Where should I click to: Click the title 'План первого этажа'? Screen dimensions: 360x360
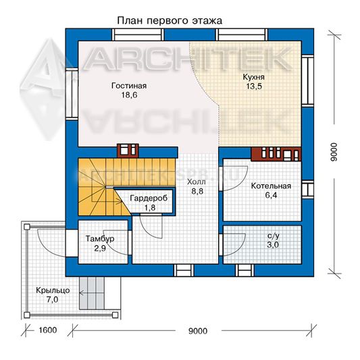coord(170,21)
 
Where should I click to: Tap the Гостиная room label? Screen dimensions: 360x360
coord(129,86)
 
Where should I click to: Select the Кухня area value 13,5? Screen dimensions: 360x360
coord(254,86)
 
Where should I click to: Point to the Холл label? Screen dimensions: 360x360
coord(197,182)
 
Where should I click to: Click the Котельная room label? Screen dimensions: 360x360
coord(271,186)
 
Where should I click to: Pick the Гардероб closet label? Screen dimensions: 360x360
coord(149,198)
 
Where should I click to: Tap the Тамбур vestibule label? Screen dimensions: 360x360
coord(100,239)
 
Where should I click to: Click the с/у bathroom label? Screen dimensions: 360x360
coord(274,236)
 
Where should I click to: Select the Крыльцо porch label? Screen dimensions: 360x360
coord(53,290)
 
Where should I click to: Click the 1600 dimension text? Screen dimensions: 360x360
coord(47,330)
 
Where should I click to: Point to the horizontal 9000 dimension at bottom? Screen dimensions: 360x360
coord(198,331)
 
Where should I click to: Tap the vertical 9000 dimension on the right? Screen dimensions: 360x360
coord(334,152)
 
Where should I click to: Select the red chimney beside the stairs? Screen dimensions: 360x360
coord(128,151)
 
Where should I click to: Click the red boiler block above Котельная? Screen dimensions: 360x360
coord(276,154)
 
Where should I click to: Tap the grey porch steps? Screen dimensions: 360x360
coord(92,292)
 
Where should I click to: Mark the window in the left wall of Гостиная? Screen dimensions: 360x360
coord(72,93)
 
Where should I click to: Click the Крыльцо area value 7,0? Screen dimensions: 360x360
coord(53,300)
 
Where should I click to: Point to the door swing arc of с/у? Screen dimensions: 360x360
coord(235,245)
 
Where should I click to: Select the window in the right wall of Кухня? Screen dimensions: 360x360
coord(307,81)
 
